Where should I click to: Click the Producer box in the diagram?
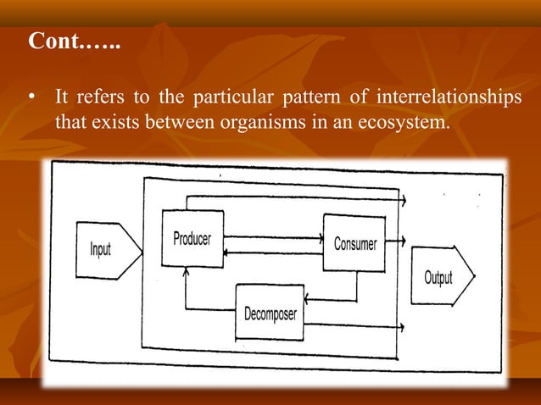pos(192,238)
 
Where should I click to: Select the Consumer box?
pos(354,242)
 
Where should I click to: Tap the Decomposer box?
pos(269,313)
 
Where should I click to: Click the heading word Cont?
pos(53,42)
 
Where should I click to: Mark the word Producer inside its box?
pos(192,239)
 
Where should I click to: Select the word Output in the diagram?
pos(438,277)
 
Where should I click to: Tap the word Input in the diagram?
pos(101,251)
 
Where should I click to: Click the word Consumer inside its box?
pos(355,244)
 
